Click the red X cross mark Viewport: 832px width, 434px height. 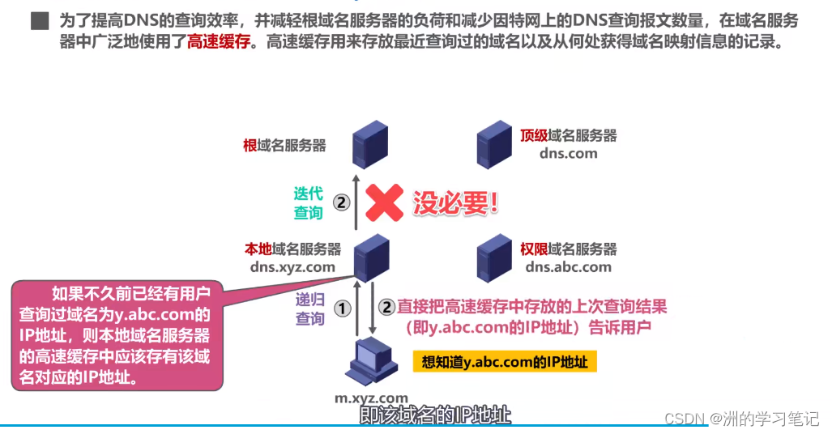384,202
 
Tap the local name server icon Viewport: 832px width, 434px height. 369,257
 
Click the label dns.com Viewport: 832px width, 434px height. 568,153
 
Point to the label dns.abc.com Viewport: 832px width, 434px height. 568,267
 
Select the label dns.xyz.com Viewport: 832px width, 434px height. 292,267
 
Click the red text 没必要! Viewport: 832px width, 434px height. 456,202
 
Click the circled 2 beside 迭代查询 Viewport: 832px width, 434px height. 342,202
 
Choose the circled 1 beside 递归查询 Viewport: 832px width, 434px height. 342,308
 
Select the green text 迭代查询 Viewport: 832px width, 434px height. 308,202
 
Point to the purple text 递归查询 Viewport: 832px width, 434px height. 309,308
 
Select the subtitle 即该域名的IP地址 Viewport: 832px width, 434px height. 435,415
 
